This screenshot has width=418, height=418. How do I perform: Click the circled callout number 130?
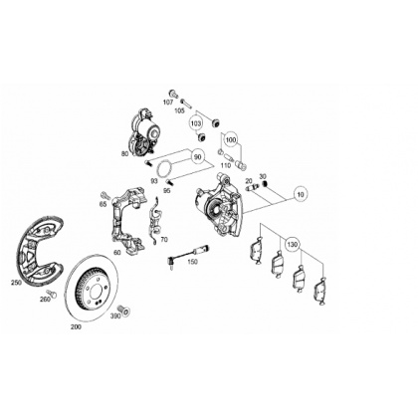(293, 245)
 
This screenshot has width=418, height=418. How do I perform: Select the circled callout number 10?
(301, 195)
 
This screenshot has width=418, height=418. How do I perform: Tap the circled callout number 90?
(197, 157)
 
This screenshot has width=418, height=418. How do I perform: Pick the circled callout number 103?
(196, 123)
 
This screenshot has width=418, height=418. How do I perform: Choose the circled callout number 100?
(230, 140)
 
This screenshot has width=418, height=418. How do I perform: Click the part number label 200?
(76, 326)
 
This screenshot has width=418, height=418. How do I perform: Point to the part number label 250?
(16, 283)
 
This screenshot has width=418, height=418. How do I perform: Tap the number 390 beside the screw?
(115, 315)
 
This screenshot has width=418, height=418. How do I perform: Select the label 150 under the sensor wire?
(192, 262)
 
